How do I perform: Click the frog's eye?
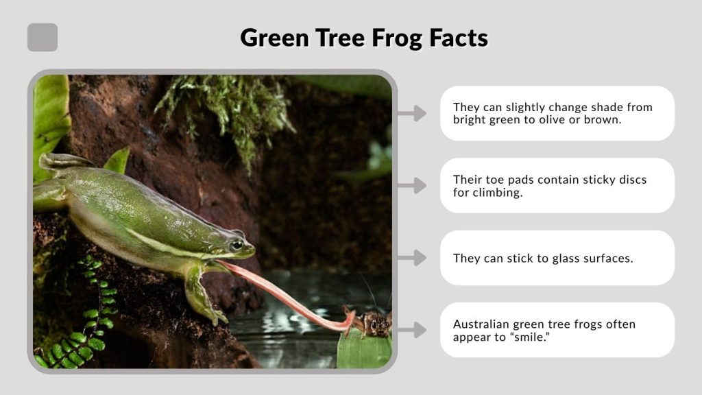coord(237,244)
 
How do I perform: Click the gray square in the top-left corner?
coord(43,37)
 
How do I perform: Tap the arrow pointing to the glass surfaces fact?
coord(411,258)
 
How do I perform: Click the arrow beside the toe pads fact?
coord(411,185)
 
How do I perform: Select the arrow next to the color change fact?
coord(411,113)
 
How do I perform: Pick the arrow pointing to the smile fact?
coord(411,331)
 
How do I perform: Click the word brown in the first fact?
coord(613,119)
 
